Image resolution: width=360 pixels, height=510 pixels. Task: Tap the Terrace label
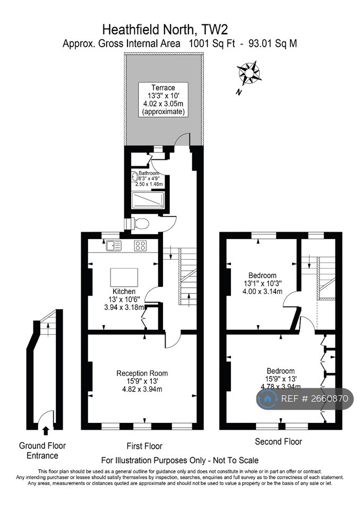coord(163,88)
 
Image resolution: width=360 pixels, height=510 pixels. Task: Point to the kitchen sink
coord(114,245)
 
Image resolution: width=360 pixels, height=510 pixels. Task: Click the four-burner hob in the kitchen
coord(141,245)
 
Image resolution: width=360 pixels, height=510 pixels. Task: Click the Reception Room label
coord(142,373)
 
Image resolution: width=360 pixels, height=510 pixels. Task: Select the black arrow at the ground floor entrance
coord(45,430)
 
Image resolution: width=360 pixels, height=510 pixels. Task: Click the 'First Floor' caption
coord(144,446)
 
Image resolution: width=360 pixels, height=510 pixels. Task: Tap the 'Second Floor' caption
coord(278,441)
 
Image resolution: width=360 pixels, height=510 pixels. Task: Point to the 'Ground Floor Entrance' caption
coord(42,450)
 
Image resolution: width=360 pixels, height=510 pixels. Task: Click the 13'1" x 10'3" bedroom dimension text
coord(262,283)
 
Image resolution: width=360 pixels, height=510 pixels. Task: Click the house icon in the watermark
coord(268,398)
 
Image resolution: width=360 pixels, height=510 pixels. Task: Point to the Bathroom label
coord(149,174)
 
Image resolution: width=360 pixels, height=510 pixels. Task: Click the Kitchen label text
coord(124,292)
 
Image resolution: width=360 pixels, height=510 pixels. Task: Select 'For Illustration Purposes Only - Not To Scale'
coord(180,460)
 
